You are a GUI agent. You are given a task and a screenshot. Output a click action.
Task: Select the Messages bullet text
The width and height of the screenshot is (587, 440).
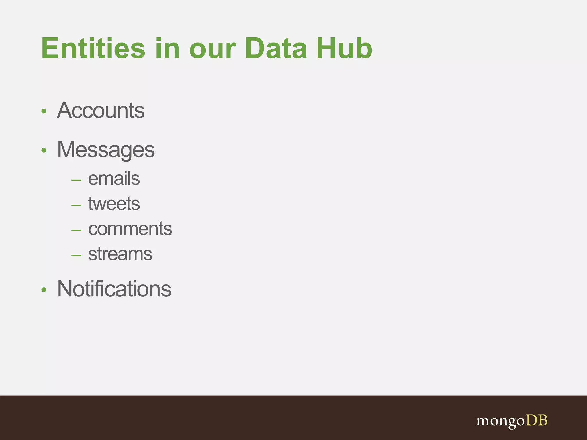[x=106, y=150]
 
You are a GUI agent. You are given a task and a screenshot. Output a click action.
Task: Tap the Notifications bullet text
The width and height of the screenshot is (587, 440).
[x=114, y=289]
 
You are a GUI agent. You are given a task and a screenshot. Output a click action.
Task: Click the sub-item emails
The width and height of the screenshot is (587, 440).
[x=114, y=179]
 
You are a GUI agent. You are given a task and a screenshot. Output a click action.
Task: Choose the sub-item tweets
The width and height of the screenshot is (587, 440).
[x=114, y=204]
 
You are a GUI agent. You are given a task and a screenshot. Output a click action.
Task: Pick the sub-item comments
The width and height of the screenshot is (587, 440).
[x=130, y=229]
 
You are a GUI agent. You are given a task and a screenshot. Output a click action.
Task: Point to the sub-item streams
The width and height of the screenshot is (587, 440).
[x=120, y=254]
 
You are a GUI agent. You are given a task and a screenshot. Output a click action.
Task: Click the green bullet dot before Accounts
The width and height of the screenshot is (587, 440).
[x=44, y=111]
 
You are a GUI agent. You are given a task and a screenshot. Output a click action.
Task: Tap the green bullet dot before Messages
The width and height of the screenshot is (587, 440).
[x=44, y=150]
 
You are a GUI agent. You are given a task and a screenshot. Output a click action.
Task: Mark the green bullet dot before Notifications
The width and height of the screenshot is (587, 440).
[x=44, y=290]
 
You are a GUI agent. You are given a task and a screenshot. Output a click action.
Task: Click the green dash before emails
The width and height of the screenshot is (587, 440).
[x=76, y=180]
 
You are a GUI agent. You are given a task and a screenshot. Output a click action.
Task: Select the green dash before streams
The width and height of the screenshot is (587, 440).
[x=76, y=255]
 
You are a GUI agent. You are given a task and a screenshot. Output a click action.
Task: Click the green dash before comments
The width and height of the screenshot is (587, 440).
[x=76, y=230]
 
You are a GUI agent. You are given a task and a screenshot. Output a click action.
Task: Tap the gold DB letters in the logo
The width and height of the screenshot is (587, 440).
[x=536, y=420]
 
